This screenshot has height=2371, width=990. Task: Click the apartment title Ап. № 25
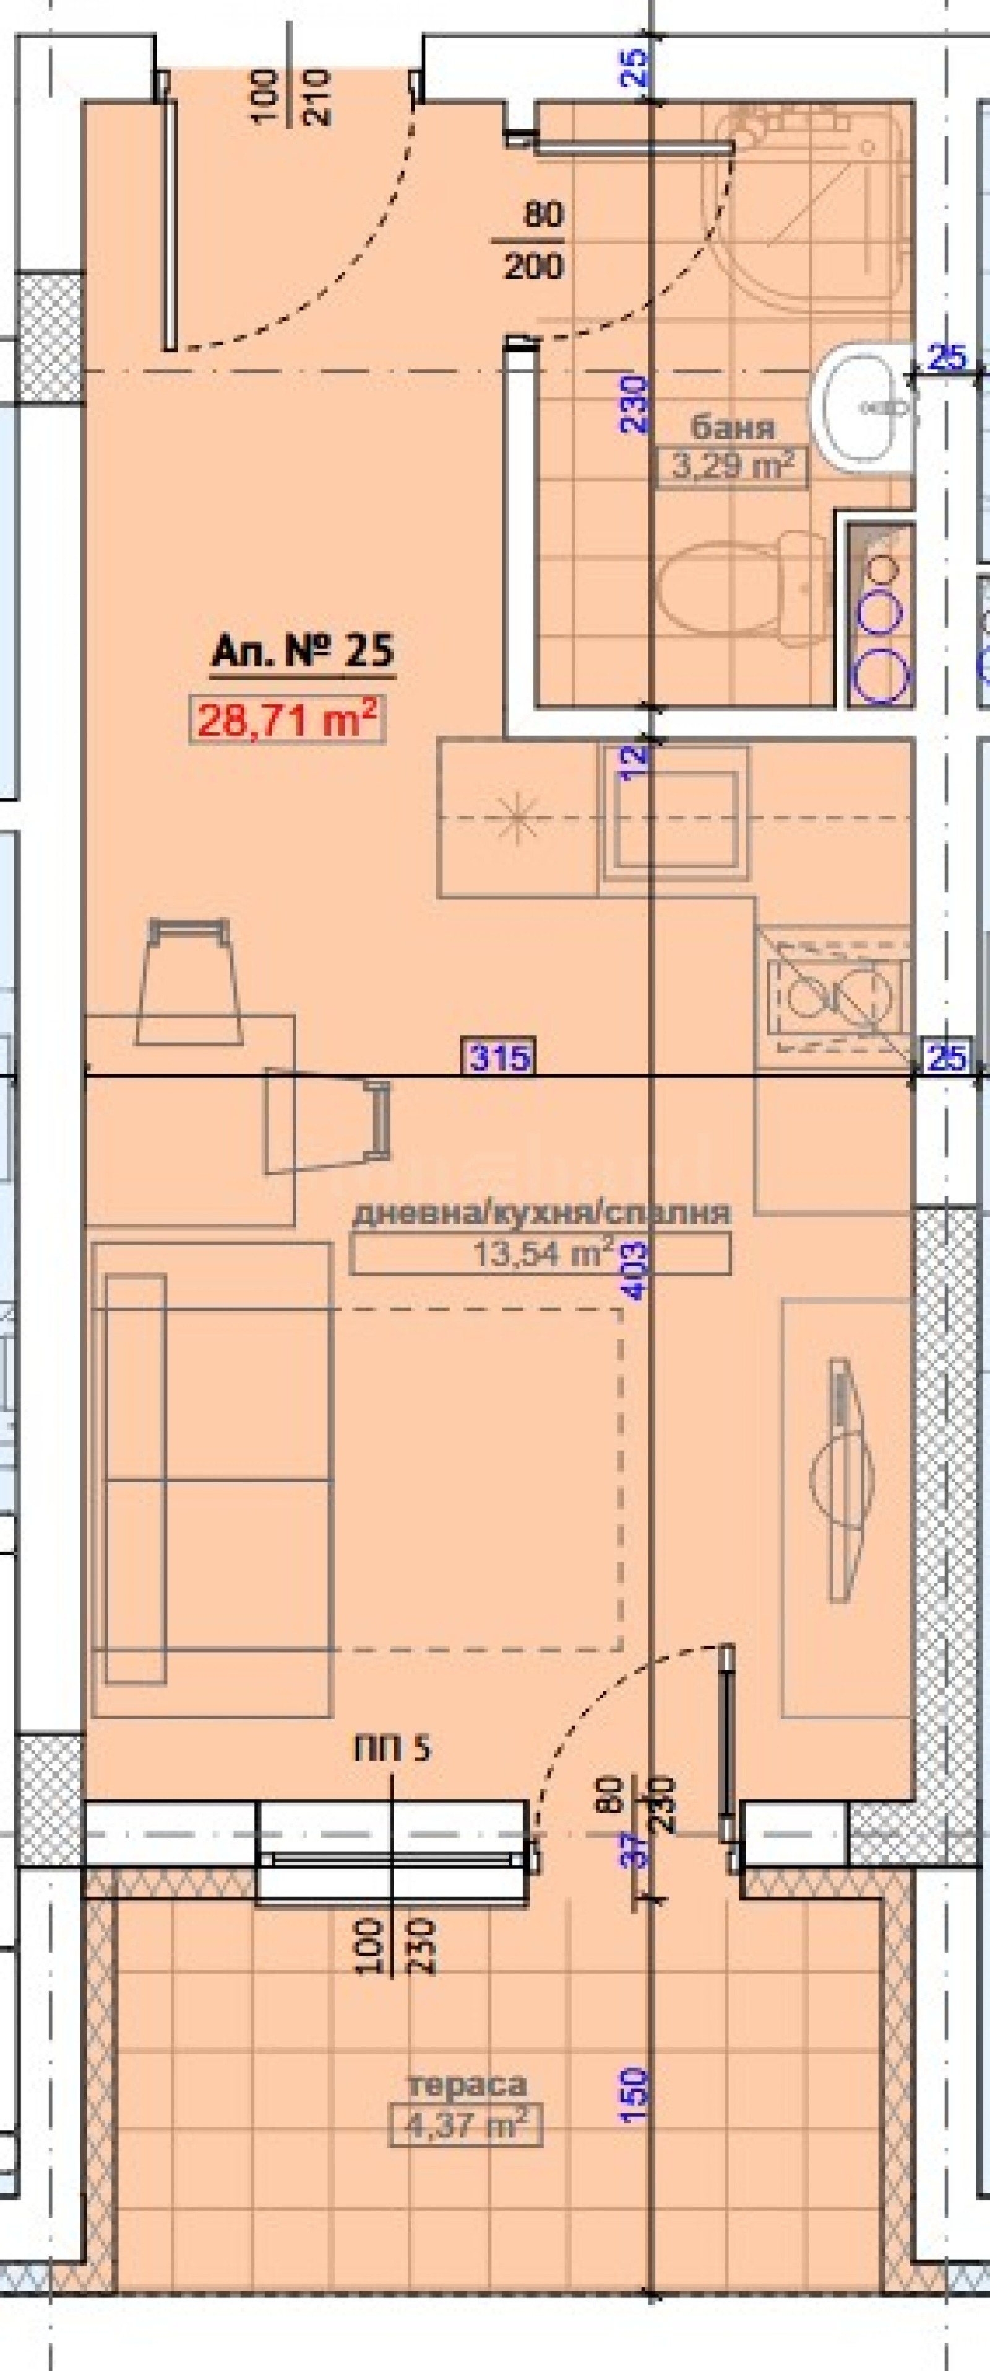(x=303, y=652)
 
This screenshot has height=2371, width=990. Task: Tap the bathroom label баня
(x=733, y=427)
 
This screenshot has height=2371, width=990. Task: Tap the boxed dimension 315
(x=499, y=1056)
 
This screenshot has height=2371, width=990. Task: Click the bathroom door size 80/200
(x=533, y=241)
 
